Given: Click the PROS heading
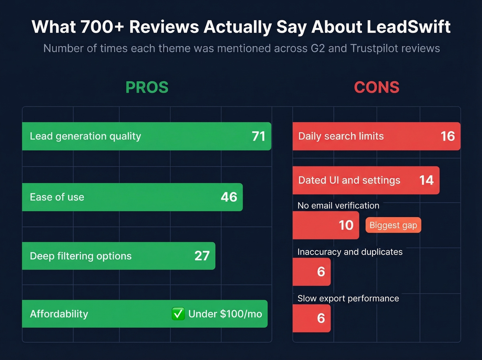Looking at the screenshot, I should tap(147, 87).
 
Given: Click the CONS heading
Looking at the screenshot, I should tap(377, 87).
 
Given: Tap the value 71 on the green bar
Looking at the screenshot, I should tap(259, 136).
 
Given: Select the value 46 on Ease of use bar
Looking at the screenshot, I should tap(229, 197).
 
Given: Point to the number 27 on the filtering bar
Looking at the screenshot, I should tap(202, 256).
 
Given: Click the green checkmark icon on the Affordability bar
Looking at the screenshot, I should tap(178, 314).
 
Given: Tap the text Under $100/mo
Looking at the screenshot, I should tap(225, 314).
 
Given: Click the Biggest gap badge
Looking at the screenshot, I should tap(393, 225).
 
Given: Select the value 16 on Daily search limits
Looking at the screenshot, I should tap(448, 136).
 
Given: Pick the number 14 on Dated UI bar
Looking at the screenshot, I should tap(426, 180).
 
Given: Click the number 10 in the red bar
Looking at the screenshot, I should tap(346, 225).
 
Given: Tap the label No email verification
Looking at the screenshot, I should tap(338, 206).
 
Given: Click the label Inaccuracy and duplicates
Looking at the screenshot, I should tap(350, 252).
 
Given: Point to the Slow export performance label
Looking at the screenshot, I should tap(348, 298).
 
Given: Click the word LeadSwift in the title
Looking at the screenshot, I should tap(408, 27).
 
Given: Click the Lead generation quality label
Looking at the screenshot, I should tap(85, 136).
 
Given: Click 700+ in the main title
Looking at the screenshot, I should tap(102, 27).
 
